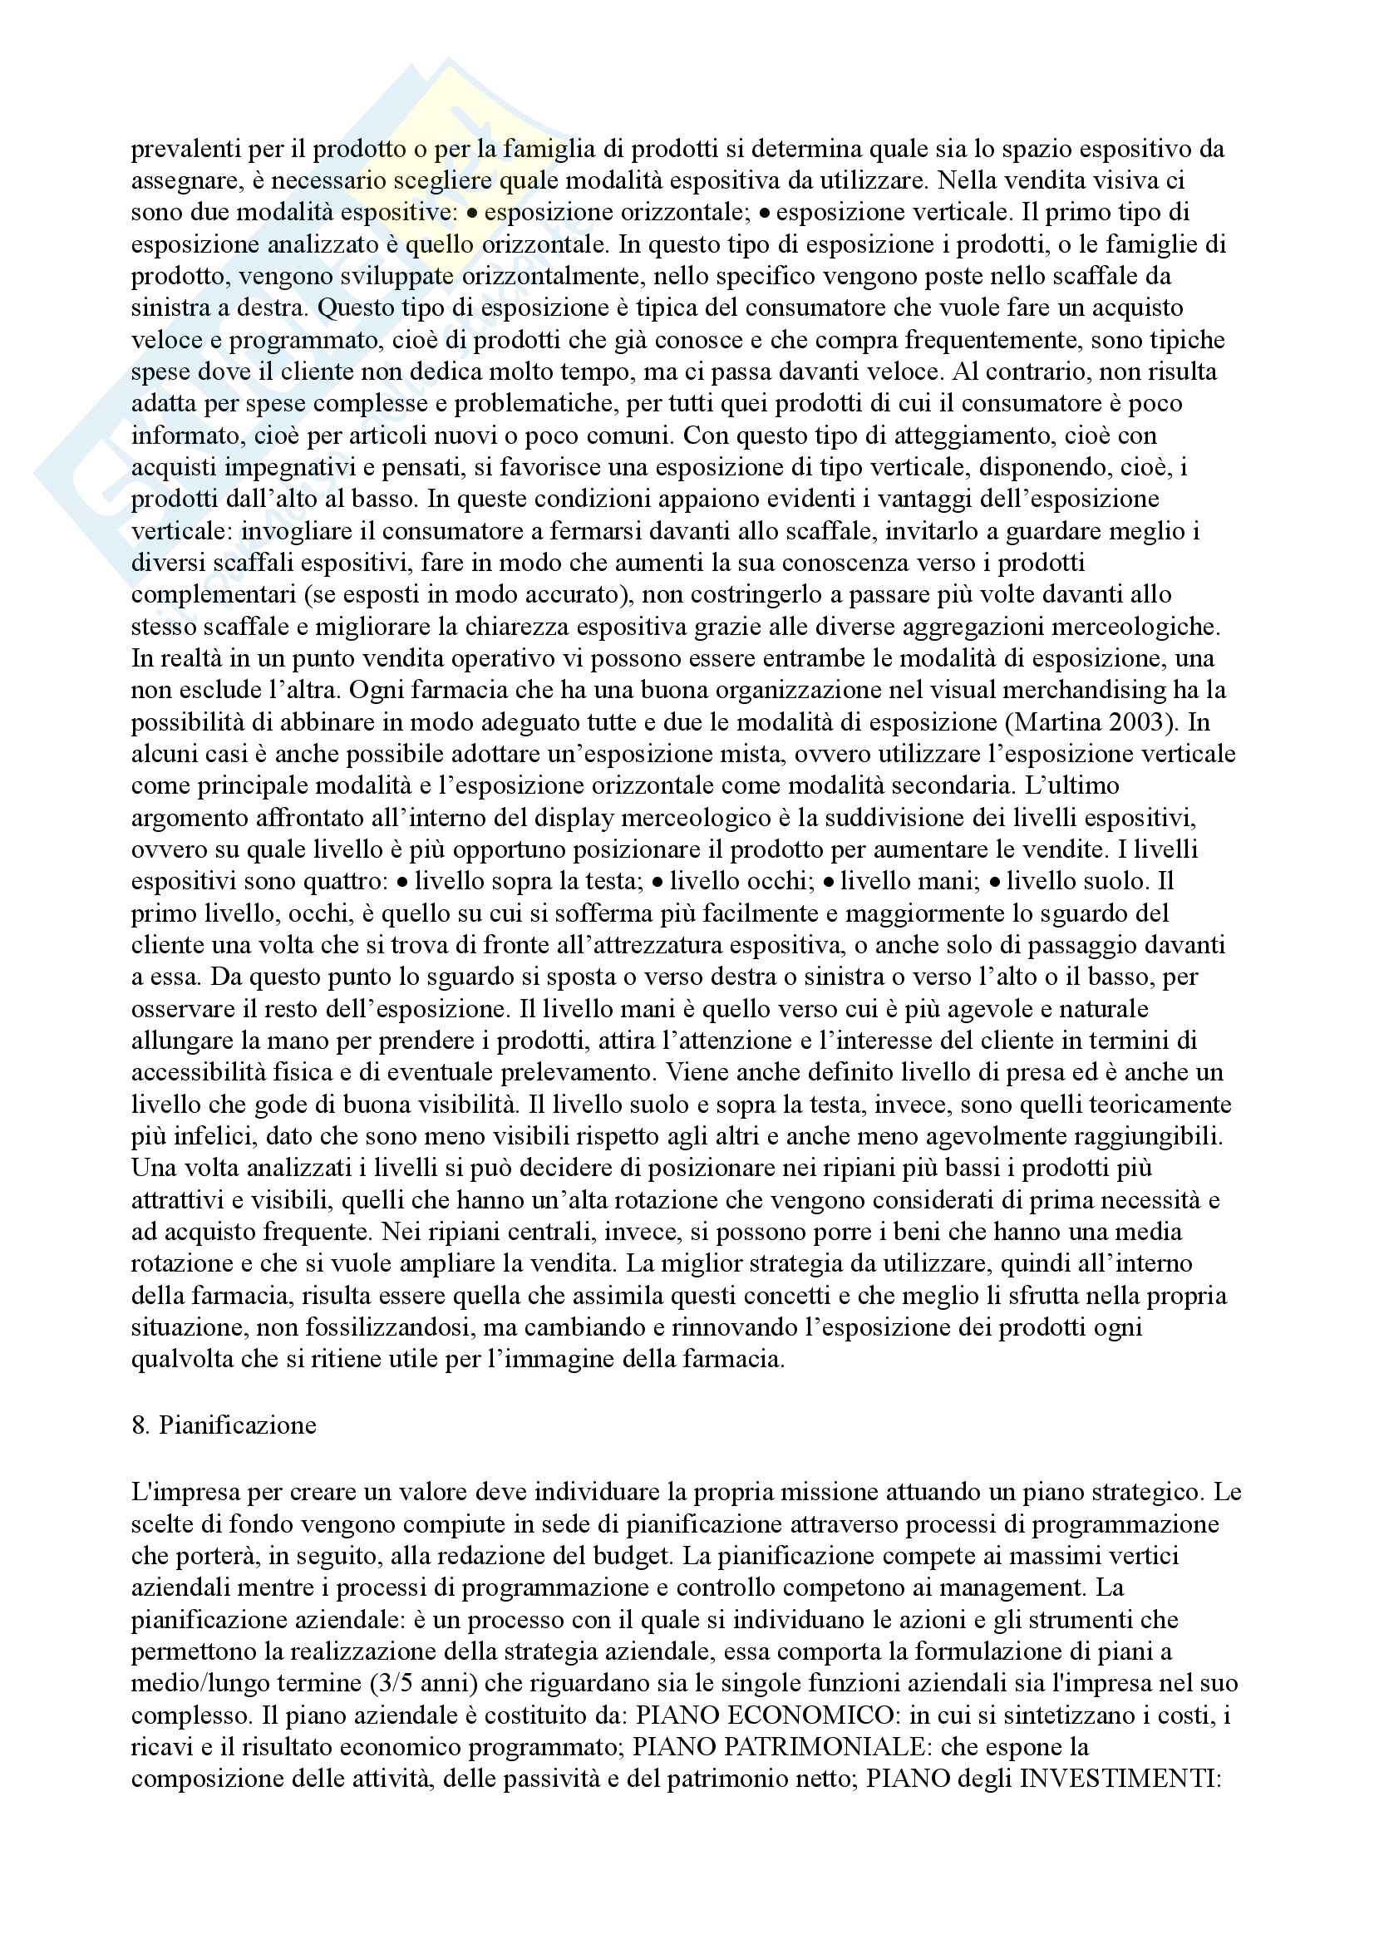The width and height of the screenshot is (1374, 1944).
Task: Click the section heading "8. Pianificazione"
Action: click(224, 1425)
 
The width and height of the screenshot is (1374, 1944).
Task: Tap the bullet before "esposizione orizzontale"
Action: click(474, 213)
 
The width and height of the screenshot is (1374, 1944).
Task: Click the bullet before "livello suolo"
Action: click(995, 881)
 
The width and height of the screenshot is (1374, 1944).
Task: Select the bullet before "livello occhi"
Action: click(657, 881)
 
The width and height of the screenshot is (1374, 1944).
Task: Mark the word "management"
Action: click(1020, 1587)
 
